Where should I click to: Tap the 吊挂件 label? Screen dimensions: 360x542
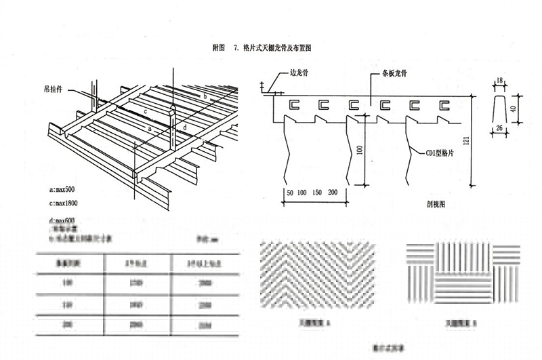pos(59,89)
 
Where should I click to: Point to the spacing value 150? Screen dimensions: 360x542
pos(316,193)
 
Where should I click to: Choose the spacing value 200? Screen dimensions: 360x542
pos(333,193)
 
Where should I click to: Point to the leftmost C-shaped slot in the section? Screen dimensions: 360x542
pos(293,106)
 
